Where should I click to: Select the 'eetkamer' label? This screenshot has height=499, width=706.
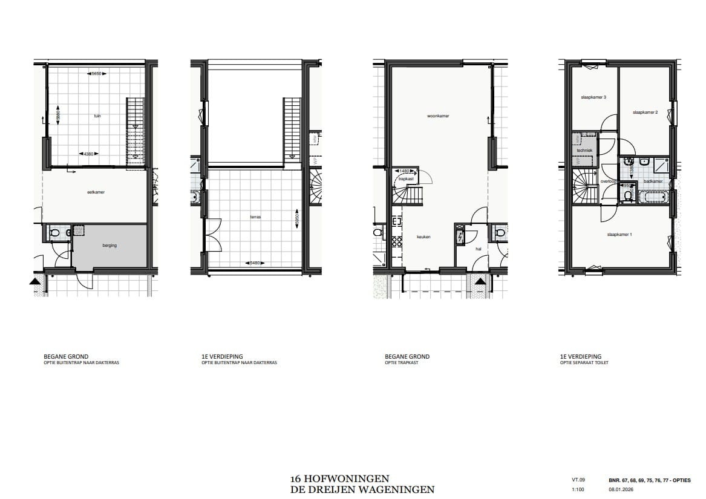pos(96,192)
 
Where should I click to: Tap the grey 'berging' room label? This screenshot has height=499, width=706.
pos(109,245)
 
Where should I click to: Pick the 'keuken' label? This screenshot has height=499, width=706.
pos(423,237)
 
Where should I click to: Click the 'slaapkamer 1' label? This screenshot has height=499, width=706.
pos(619,234)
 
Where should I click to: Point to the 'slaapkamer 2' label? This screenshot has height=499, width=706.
pos(645,113)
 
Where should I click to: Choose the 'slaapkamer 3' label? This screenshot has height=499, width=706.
pos(593,97)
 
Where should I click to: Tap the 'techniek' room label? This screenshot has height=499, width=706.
pos(584,150)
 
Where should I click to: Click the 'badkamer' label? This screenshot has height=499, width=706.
pos(653,181)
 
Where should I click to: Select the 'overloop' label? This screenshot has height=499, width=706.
pos(608,181)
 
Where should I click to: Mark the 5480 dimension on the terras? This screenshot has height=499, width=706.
pos(255,263)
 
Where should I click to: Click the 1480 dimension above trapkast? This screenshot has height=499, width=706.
pos(405,171)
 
